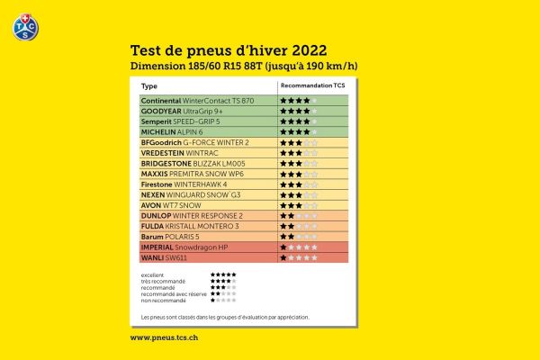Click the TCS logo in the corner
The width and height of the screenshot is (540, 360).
(25, 26)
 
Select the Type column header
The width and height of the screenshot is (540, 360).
(149, 86)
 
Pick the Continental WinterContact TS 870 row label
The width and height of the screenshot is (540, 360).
(197, 100)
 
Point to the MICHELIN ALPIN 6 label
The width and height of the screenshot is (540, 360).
(171, 131)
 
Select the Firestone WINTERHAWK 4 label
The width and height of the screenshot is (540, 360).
(184, 184)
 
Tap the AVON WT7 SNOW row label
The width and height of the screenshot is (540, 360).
(171, 205)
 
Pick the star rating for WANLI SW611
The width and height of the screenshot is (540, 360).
(298, 257)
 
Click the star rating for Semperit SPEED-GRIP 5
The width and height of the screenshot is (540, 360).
(298, 121)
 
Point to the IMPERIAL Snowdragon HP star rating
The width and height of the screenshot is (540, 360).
(298, 247)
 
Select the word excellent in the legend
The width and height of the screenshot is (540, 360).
(153, 274)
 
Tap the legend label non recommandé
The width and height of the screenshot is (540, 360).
(160, 299)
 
